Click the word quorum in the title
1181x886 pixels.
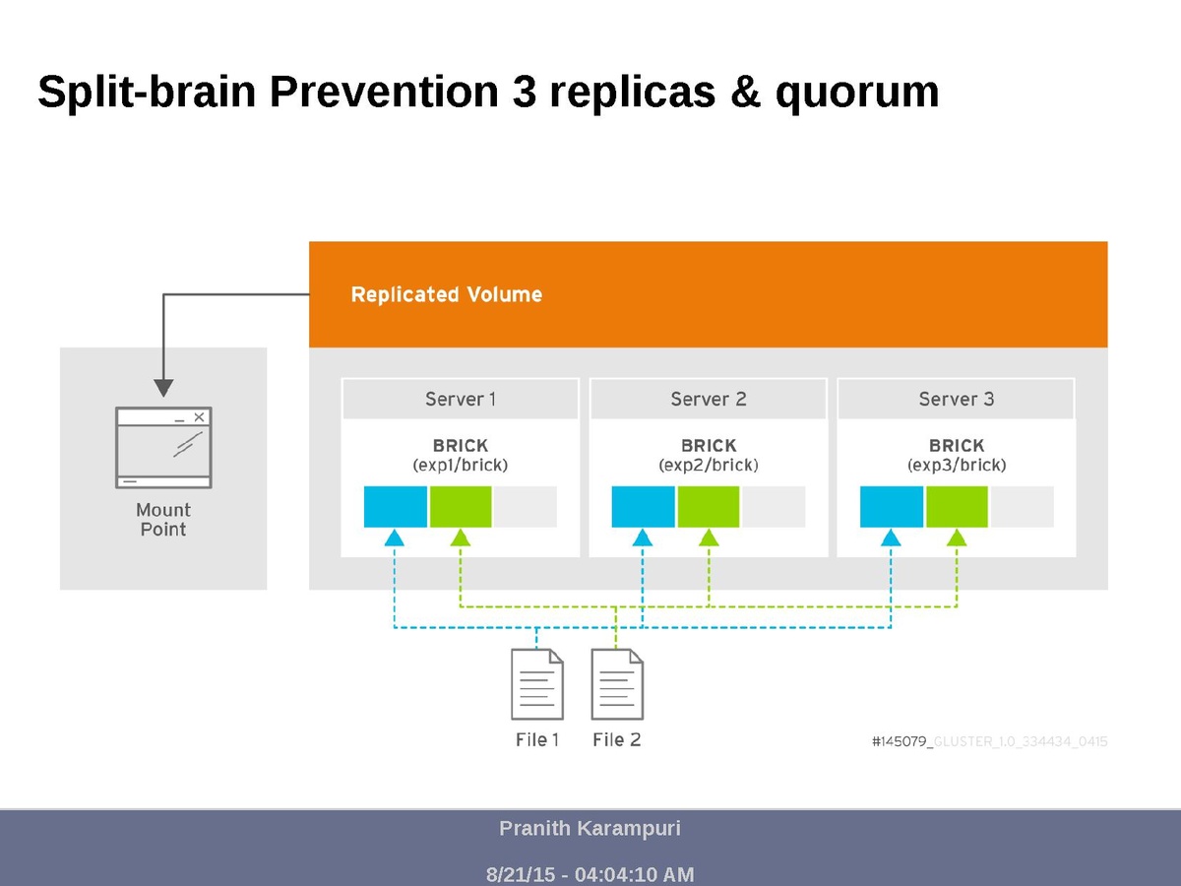click(x=856, y=93)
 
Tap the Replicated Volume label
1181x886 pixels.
click(x=446, y=294)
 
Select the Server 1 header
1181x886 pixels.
click(x=460, y=399)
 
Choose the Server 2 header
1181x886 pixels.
click(x=708, y=399)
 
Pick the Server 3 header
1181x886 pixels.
click(x=956, y=399)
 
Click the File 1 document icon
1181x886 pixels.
click(x=537, y=684)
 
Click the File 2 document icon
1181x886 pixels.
click(x=617, y=684)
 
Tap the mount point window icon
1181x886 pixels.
click(x=163, y=447)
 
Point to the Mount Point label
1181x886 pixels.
click(x=163, y=519)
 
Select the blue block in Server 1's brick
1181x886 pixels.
click(x=395, y=506)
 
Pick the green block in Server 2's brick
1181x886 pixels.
click(x=708, y=506)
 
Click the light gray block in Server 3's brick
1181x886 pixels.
click(x=1022, y=506)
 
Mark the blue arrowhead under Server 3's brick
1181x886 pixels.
click(x=891, y=538)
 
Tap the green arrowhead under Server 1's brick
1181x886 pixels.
click(x=460, y=538)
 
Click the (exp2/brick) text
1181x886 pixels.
click(x=708, y=465)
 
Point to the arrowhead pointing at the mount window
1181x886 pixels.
click(x=163, y=387)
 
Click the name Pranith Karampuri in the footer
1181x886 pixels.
click(x=590, y=828)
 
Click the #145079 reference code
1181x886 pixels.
click(x=901, y=741)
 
